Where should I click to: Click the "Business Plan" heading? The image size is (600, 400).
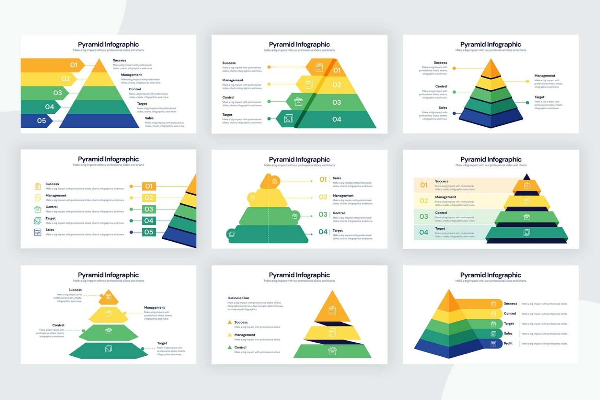238,298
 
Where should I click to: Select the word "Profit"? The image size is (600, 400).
508,343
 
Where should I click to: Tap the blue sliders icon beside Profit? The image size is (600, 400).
493,344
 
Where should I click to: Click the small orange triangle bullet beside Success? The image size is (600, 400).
230,322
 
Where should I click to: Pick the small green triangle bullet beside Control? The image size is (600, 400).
230,347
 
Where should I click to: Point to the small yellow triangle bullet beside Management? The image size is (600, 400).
230,335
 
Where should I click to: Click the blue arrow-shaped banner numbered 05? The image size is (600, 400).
39,121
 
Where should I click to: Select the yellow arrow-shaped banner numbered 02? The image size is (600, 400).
51,79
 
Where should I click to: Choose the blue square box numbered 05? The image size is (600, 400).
149,232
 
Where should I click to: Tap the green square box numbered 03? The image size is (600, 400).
149,209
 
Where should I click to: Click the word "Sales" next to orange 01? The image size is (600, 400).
337,178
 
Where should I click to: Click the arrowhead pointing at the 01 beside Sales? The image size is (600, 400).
311,181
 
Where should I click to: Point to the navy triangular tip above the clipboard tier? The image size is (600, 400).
527,177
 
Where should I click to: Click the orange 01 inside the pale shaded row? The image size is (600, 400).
424,185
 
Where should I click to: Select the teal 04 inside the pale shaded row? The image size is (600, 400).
424,232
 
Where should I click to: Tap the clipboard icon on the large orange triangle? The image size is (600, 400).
332,310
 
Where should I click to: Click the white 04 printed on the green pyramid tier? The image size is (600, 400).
337,120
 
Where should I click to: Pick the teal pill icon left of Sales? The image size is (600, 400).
493,334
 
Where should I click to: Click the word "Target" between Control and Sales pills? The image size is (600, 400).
509,323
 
